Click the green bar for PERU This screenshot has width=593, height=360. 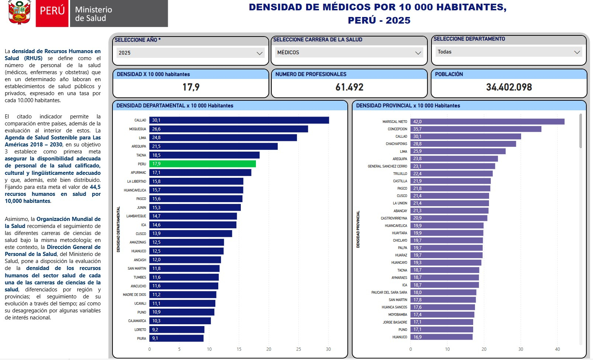[202, 164]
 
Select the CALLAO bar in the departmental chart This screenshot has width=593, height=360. [239, 120]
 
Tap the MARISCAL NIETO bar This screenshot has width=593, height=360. [487, 122]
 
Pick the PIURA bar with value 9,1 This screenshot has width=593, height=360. [176, 338]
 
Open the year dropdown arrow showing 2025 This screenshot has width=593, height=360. [260, 53]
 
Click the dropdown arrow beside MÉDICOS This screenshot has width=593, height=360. [418, 53]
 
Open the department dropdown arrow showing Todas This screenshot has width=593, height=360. [577, 52]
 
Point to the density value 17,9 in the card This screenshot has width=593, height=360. [191, 87]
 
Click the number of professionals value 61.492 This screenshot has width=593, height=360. [349, 87]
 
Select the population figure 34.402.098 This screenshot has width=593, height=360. [509, 87]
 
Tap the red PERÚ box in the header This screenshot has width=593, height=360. [52, 13]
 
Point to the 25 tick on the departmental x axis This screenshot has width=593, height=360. [298, 349]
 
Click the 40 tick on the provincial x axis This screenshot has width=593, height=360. [557, 349]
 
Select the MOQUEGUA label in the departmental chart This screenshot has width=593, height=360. [138, 129]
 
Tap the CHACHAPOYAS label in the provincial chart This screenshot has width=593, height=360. [396, 144]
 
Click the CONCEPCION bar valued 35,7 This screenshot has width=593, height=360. [476, 129]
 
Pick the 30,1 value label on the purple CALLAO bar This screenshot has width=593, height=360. [417, 136]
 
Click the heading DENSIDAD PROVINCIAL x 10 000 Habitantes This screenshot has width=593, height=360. [408, 106]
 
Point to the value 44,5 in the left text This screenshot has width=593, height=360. [95, 187]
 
